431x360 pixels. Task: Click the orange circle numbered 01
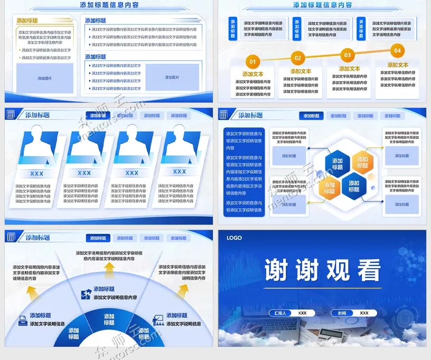(252, 61)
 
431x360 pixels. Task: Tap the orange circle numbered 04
(397, 51)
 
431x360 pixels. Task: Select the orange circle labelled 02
(298, 58)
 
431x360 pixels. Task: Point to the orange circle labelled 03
(347, 54)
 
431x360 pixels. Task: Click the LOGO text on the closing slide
(234, 238)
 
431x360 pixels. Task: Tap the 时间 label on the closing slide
(342, 313)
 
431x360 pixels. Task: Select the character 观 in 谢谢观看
(340, 270)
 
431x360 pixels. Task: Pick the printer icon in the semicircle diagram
(23, 320)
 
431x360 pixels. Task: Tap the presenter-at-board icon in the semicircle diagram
(157, 320)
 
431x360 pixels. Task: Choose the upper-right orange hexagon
(362, 162)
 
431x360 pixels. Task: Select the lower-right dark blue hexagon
(354, 186)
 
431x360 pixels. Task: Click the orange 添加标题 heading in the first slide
(27, 21)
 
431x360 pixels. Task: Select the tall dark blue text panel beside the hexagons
(243, 172)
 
